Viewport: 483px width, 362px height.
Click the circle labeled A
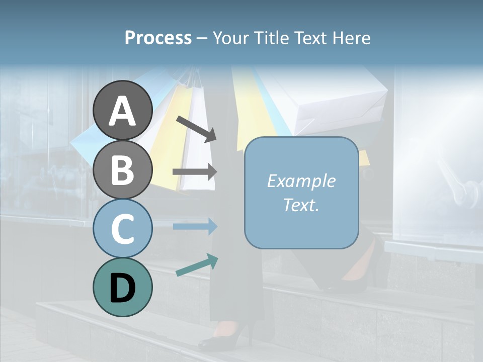[x=122, y=110]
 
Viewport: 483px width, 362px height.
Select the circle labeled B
[x=122, y=169]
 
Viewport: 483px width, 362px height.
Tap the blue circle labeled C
[x=122, y=228]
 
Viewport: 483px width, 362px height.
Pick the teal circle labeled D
[x=122, y=287]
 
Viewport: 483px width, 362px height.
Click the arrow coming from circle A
[x=196, y=129]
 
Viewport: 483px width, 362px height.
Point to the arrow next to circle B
[x=195, y=172]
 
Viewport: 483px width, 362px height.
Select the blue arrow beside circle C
[x=195, y=226]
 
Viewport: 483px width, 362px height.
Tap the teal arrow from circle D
[x=197, y=265]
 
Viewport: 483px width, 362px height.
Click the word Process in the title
[x=158, y=38]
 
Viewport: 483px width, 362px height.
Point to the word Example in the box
[x=301, y=181]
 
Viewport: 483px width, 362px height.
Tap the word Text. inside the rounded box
[x=301, y=205]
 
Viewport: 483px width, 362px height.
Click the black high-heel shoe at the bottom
[x=226, y=337]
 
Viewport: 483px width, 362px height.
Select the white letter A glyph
[x=122, y=111]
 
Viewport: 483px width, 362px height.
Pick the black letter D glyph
[x=122, y=288]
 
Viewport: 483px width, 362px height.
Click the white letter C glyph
[x=122, y=229]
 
